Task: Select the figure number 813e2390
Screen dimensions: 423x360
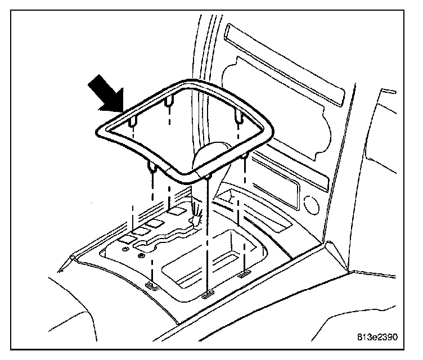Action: tap(377, 337)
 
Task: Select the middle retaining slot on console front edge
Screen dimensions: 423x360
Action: tap(207, 294)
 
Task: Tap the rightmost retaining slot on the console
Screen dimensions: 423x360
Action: tap(245, 274)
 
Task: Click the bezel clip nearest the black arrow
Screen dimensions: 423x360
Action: tap(132, 121)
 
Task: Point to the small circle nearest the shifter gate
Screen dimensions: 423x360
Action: tap(141, 256)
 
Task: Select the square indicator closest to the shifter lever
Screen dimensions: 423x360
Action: tap(177, 211)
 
